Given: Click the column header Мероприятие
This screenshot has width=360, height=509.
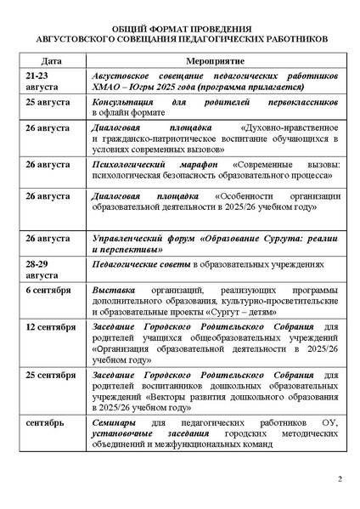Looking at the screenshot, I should coord(213,62).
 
